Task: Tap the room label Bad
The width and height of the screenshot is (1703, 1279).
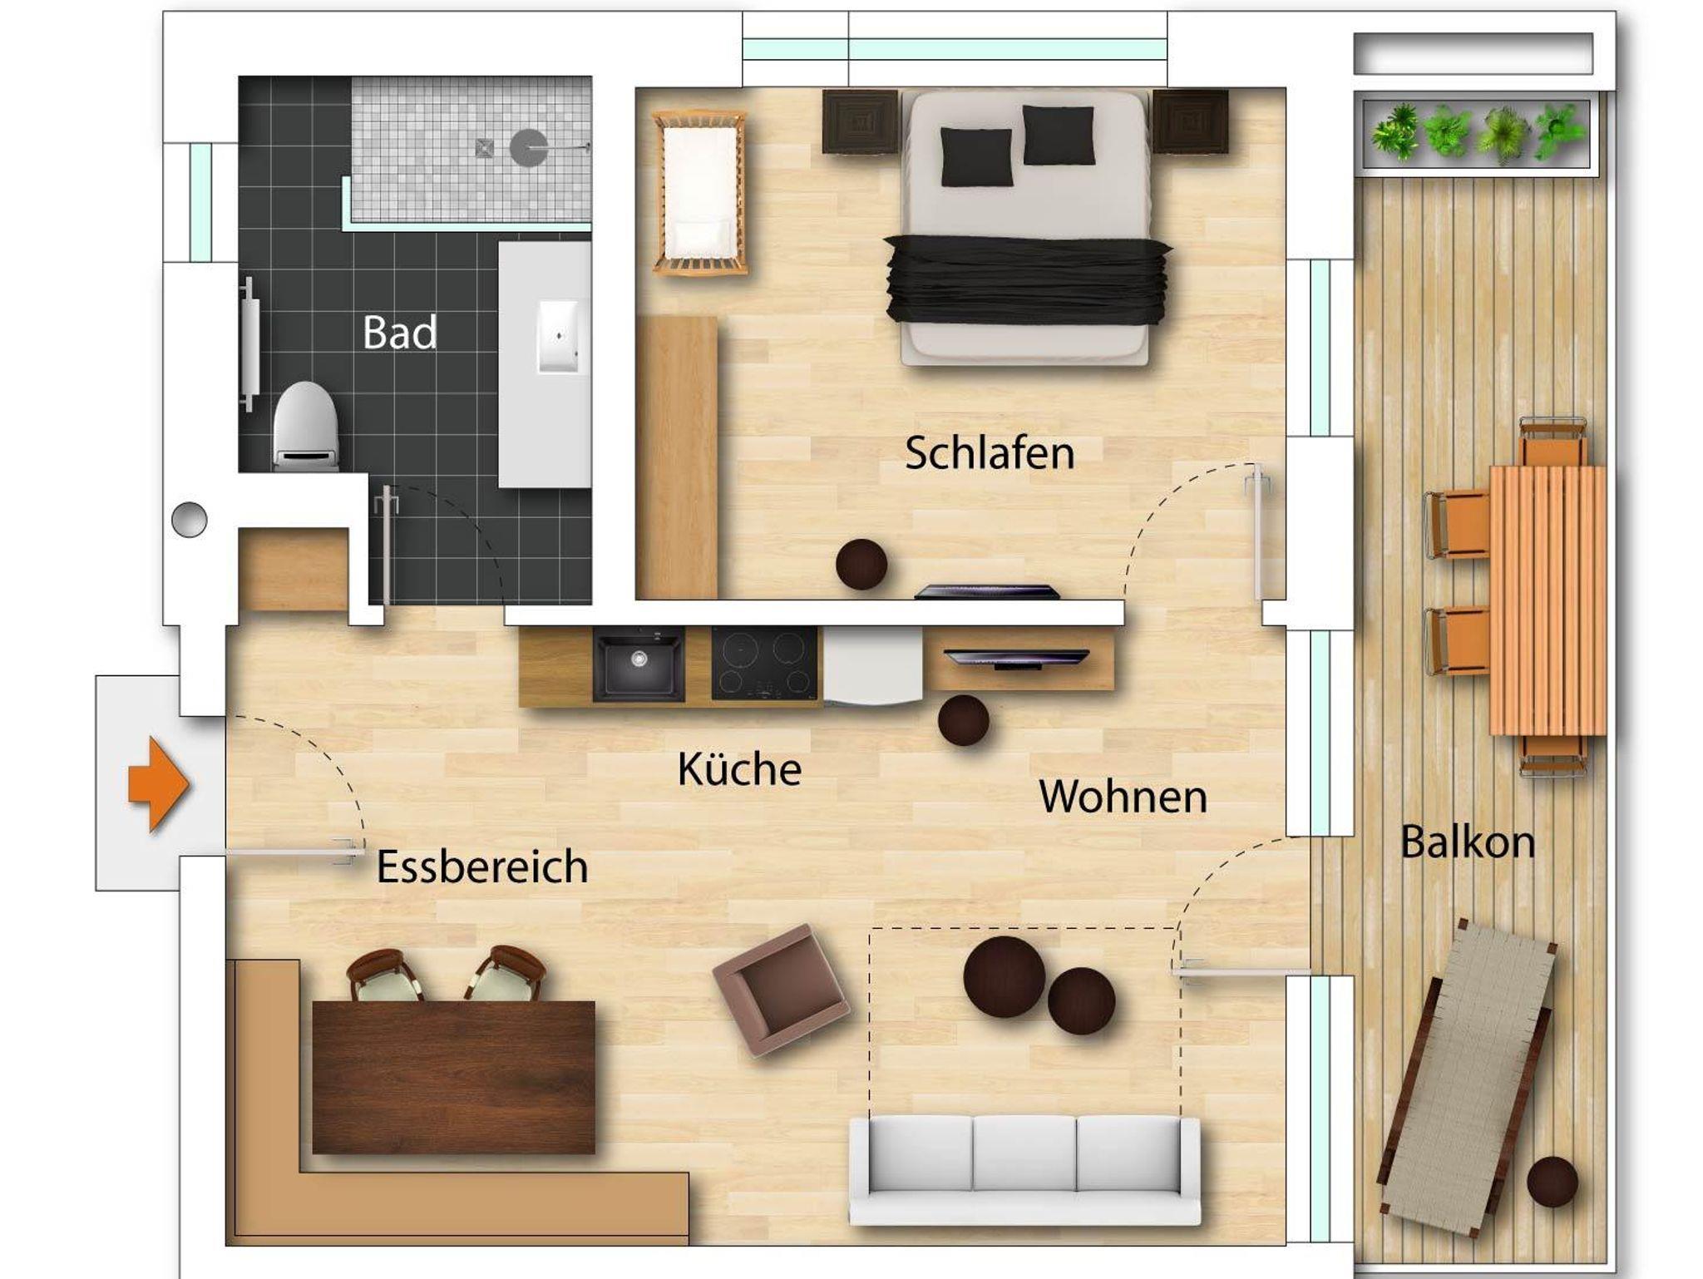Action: pos(399,333)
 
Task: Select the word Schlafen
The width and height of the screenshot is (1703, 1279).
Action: pos(990,453)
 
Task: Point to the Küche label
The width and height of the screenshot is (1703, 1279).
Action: pos(739,769)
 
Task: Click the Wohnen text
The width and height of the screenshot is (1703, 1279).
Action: pos(1123,797)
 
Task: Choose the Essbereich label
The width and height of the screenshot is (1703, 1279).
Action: pos(482,867)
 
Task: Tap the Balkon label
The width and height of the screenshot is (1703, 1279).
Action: pos(1468,842)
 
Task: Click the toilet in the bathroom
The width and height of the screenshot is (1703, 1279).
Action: pos(305,426)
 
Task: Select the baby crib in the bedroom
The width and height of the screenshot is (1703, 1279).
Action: pos(699,192)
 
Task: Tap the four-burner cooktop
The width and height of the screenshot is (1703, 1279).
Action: pos(764,664)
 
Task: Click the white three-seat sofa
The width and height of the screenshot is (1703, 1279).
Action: pos(1024,1171)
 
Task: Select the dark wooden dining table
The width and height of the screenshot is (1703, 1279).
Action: pos(454,1077)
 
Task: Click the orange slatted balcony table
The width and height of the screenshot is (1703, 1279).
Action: pos(1548,600)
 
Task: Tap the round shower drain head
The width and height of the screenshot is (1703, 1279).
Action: pos(529,148)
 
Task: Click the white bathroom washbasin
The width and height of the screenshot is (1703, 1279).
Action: pos(559,336)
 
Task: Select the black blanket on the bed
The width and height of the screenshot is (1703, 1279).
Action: pos(1028,279)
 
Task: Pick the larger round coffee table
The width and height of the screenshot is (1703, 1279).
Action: pos(1005,977)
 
